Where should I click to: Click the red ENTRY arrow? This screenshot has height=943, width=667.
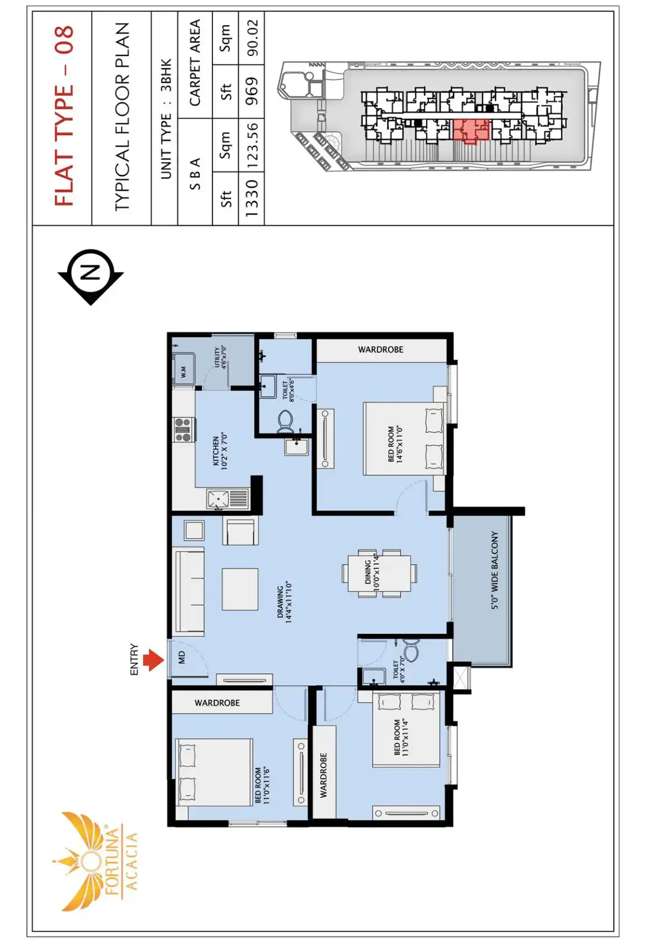[x=153, y=659]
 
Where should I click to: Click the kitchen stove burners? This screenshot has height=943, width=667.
[x=183, y=429]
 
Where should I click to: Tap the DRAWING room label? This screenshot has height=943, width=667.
[x=285, y=602]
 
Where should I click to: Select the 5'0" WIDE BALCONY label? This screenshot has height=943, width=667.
[x=494, y=570]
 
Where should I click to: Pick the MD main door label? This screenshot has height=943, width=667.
[x=182, y=658]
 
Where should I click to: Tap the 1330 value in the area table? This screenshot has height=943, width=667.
[x=252, y=198]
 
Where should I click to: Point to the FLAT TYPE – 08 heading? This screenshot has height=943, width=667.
[x=64, y=115]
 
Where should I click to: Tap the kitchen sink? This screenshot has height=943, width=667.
[x=228, y=499]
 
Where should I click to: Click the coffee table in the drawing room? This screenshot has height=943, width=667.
[x=240, y=588]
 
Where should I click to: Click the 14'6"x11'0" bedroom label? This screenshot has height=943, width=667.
[x=395, y=444]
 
